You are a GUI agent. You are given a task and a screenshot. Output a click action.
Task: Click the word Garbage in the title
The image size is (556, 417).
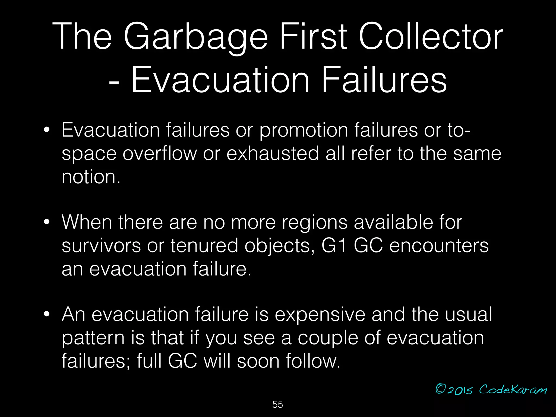tap(195, 37)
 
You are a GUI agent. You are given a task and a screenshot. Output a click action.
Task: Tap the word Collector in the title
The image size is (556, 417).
tap(431, 37)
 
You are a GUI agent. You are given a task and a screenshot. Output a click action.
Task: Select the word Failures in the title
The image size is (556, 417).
tap(384, 80)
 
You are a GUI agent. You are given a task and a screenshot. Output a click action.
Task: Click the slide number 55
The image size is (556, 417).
tap(277, 405)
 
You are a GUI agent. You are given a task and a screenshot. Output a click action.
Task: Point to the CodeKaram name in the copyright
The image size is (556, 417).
tap(513, 390)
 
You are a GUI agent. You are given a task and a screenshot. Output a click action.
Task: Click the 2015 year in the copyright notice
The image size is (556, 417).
tap(460, 390)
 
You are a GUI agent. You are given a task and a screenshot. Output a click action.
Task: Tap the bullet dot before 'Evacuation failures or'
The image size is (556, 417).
tap(47, 130)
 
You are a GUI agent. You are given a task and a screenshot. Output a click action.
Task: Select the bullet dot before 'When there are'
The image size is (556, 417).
tap(47, 222)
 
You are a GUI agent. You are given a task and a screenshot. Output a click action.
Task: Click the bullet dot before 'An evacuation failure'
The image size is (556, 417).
tap(47, 314)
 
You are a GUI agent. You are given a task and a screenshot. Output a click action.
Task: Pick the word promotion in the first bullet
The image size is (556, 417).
tap(303, 131)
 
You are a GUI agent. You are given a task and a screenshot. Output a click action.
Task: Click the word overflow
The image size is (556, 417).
tap(159, 154)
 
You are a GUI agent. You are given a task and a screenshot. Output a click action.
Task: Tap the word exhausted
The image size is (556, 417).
tap(273, 154)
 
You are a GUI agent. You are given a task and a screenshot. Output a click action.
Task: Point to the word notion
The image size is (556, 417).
tap(91, 177)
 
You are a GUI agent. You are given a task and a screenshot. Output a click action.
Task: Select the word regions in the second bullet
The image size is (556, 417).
tap(314, 222)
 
